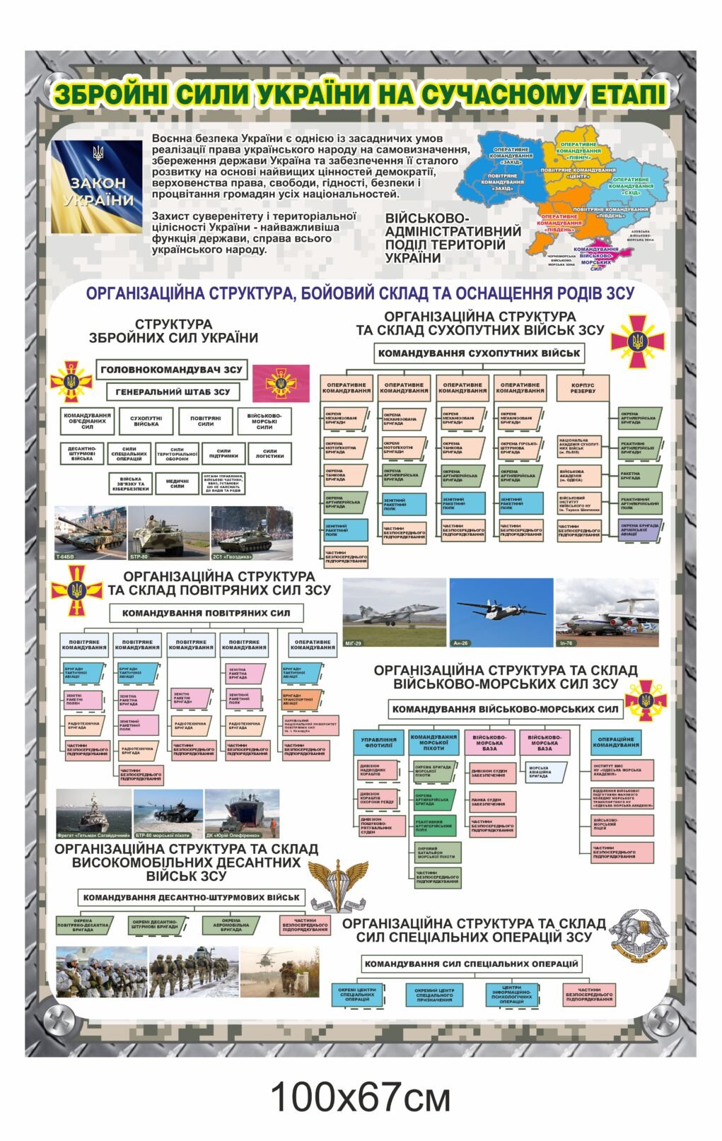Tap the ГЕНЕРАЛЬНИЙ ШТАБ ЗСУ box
[x=173, y=392]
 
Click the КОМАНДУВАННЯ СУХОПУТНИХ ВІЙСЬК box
[x=479, y=353]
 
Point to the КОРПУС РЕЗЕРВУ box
[x=583, y=388]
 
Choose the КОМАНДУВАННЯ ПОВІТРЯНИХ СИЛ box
[x=206, y=613]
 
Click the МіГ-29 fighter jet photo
[x=394, y=612]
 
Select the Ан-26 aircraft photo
[x=501, y=612]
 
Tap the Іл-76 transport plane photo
[x=607, y=612]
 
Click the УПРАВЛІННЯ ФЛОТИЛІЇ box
[x=379, y=742]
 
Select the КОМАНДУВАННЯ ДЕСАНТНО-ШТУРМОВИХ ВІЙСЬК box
[x=191, y=897]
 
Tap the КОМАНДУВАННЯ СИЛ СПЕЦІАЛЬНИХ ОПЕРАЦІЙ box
[x=472, y=963]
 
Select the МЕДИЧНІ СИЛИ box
[x=177, y=483]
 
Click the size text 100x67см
[x=360, y=1097]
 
